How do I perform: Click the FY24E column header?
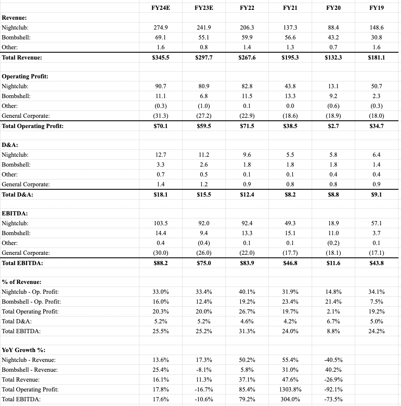(x=160, y=8)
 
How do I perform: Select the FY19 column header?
(x=376, y=8)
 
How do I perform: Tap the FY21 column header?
(x=290, y=8)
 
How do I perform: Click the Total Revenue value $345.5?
(x=160, y=57)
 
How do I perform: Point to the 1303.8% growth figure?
(x=290, y=390)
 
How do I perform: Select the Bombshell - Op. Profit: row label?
(x=31, y=302)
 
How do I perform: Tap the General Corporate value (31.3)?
(x=160, y=116)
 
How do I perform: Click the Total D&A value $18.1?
(x=160, y=194)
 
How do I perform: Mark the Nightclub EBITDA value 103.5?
(x=160, y=223)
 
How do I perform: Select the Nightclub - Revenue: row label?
(x=29, y=360)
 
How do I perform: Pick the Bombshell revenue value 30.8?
(x=376, y=37)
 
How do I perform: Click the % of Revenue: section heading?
(x=22, y=282)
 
